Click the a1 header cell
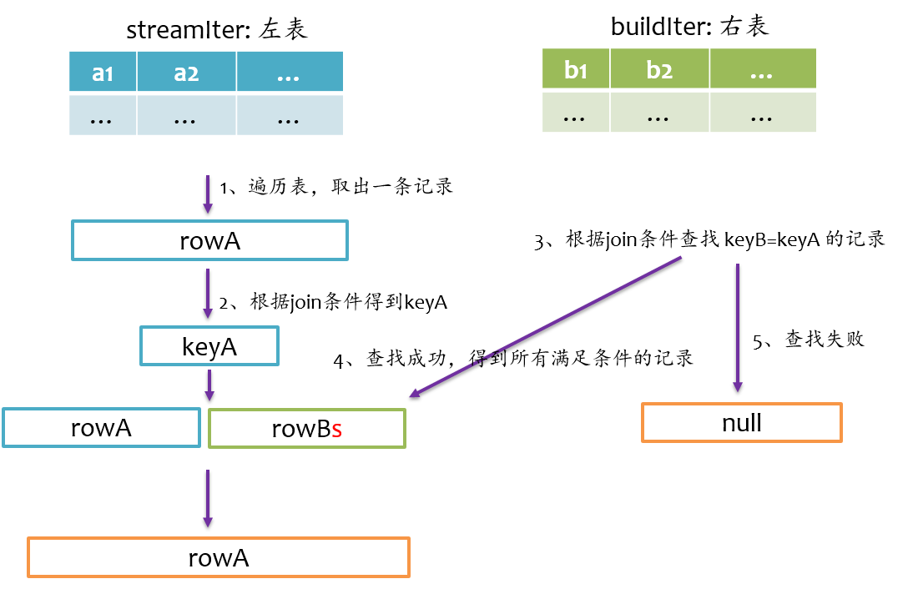[x=103, y=73]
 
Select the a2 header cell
[x=186, y=73]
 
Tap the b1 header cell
[x=576, y=68]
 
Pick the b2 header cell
[x=659, y=68]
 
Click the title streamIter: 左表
[x=217, y=30]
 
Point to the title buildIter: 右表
[x=689, y=27]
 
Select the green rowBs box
[x=306, y=428]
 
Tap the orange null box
[x=742, y=422]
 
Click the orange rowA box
[x=219, y=557]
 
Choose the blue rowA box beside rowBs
[x=101, y=428]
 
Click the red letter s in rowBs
[x=336, y=429]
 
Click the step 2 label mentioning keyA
[x=333, y=302]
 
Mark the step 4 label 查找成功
[x=513, y=360]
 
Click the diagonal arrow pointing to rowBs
[x=547, y=326]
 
